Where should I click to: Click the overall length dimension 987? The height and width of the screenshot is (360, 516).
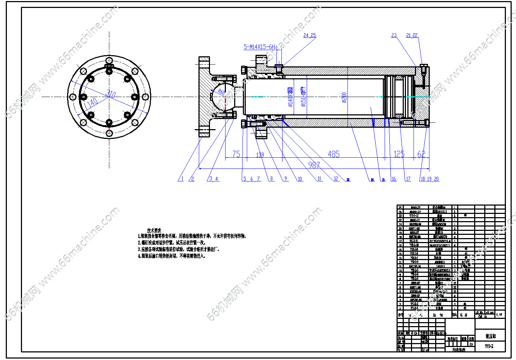click(314, 165)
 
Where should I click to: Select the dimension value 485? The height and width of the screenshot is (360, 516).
click(333, 154)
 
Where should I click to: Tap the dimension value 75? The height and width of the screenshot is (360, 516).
click(236, 154)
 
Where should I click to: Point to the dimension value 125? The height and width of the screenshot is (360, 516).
click(399, 154)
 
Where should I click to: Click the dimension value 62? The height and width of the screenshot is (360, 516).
click(421, 154)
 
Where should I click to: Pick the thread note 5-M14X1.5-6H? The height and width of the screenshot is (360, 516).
click(259, 47)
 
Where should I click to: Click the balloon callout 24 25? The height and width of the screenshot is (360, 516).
click(309, 35)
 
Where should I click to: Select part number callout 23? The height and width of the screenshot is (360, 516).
click(394, 35)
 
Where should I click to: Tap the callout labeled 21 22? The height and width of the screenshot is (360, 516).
click(412, 35)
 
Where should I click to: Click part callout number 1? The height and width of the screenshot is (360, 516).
click(182, 179)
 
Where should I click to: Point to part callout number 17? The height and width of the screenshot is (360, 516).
click(408, 179)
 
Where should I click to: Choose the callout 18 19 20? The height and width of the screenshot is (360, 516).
click(429, 179)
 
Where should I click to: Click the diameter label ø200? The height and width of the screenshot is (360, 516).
click(344, 97)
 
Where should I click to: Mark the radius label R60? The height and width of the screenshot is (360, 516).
click(221, 92)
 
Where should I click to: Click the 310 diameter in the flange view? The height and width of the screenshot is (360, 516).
click(111, 94)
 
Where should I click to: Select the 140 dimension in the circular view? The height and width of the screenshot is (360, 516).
click(92, 103)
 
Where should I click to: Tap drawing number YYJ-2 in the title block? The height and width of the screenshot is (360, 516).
click(489, 346)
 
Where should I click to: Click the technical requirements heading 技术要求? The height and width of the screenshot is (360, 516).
click(154, 230)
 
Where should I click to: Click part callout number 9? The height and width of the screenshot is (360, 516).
click(285, 179)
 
